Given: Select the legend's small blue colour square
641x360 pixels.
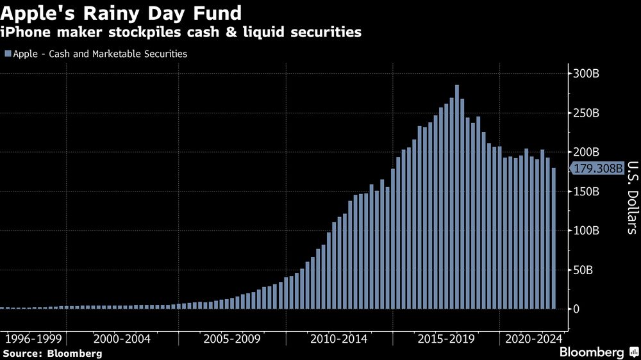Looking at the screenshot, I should pos(7,54).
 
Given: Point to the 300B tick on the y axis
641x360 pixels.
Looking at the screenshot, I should pos(586,74).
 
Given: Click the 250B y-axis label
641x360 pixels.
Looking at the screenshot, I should pos(586,113).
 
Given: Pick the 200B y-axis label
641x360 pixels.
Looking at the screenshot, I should pos(586,152).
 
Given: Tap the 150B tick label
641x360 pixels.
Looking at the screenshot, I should pos(586,192).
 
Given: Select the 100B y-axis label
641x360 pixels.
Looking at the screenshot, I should pos(586,231).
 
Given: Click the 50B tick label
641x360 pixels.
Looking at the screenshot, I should pos(583,270).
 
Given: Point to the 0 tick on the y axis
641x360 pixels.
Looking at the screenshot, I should pos(577,309).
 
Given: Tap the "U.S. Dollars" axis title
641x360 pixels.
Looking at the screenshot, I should pos(631,197).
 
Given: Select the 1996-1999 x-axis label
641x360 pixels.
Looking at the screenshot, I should pos(33,338).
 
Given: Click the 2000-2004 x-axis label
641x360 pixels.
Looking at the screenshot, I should pos(122,338).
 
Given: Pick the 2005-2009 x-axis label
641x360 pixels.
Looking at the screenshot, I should pos(233,338).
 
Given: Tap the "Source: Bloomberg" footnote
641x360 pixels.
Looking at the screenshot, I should pos(53,353).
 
